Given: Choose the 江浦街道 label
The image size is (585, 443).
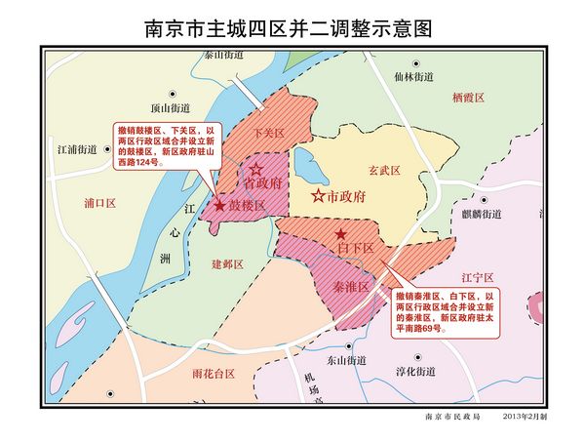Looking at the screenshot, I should tap(76, 150).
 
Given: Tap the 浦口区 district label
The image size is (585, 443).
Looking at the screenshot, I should tap(100, 204).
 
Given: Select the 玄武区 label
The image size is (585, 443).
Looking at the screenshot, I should tap(384, 170).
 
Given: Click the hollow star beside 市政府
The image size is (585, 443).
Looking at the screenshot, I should tap(317, 196).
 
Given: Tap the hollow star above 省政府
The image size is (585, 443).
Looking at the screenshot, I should tap(257, 170).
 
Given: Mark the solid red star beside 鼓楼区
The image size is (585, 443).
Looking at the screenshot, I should tap(220, 206).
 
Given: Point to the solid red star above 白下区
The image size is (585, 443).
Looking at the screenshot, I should tap(340, 235).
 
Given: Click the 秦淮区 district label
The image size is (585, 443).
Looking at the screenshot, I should tap(350, 287).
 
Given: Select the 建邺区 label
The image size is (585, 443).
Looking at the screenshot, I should tap(226, 264).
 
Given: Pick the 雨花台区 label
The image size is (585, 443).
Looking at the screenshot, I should tap(214, 374).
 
